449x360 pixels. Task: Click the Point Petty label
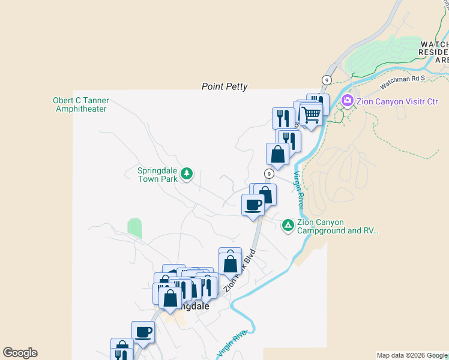click(x=224, y=87)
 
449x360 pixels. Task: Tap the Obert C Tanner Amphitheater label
click(x=80, y=104)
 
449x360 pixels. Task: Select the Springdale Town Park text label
click(x=158, y=174)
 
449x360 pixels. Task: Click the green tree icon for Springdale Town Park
click(x=187, y=173)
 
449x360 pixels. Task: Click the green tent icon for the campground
click(x=288, y=225)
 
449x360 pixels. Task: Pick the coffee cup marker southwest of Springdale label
click(x=143, y=332)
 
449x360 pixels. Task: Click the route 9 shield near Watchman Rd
click(x=327, y=80)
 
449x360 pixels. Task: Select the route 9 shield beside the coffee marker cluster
click(x=270, y=173)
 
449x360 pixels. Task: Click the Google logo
click(x=20, y=353)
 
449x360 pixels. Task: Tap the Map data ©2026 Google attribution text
click(x=412, y=355)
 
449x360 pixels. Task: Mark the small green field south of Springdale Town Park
click(x=135, y=227)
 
